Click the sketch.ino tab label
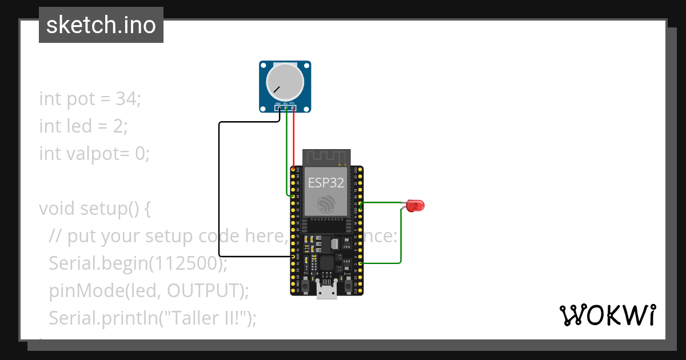[101, 25]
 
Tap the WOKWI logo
[607, 315]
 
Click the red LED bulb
[416, 205]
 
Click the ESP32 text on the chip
[326, 182]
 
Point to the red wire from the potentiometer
[293, 137]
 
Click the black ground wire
[219, 189]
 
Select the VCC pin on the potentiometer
[293, 107]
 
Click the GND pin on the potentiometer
[278, 107]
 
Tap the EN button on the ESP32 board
[306, 284]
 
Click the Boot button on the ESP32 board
[347, 284]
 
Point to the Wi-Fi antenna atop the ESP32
[326, 157]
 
